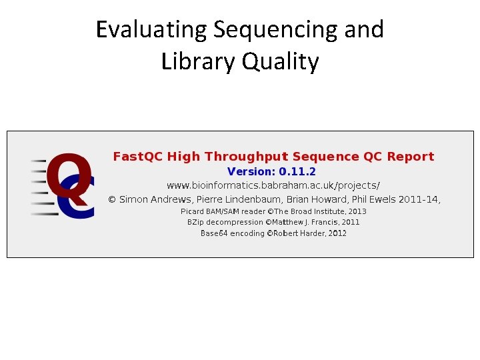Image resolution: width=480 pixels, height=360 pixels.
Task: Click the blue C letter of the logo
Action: coord(79,200)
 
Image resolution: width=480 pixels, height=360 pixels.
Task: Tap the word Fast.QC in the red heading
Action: coord(137,157)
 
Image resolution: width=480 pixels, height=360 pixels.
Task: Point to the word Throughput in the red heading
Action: coord(247,157)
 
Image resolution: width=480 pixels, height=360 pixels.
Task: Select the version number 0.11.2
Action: coord(297,171)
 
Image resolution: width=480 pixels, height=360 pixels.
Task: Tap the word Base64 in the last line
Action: coord(215,233)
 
